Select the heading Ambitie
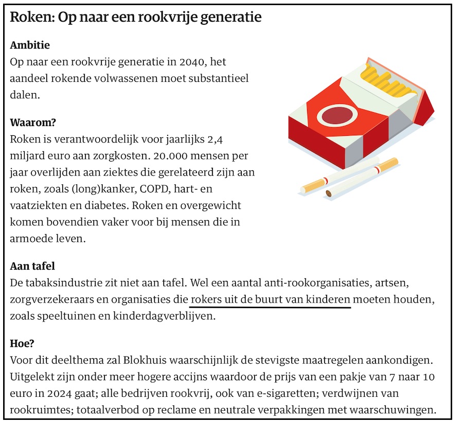point(30,45)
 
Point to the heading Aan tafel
point(32,267)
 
